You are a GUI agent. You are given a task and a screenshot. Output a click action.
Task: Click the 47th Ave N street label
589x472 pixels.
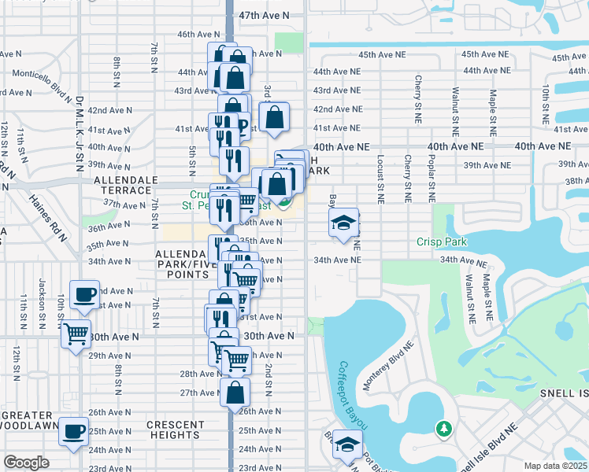[265, 16]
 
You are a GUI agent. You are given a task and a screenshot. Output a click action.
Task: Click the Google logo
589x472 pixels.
[26, 463]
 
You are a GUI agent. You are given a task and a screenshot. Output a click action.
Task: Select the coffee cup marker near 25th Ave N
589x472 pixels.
[76, 431]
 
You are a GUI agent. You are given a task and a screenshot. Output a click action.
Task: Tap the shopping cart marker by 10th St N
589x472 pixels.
[76, 334]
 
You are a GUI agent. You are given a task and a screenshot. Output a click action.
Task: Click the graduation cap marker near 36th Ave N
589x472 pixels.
[344, 223]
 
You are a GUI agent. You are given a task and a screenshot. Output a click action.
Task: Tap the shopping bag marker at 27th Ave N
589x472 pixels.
[235, 392]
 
